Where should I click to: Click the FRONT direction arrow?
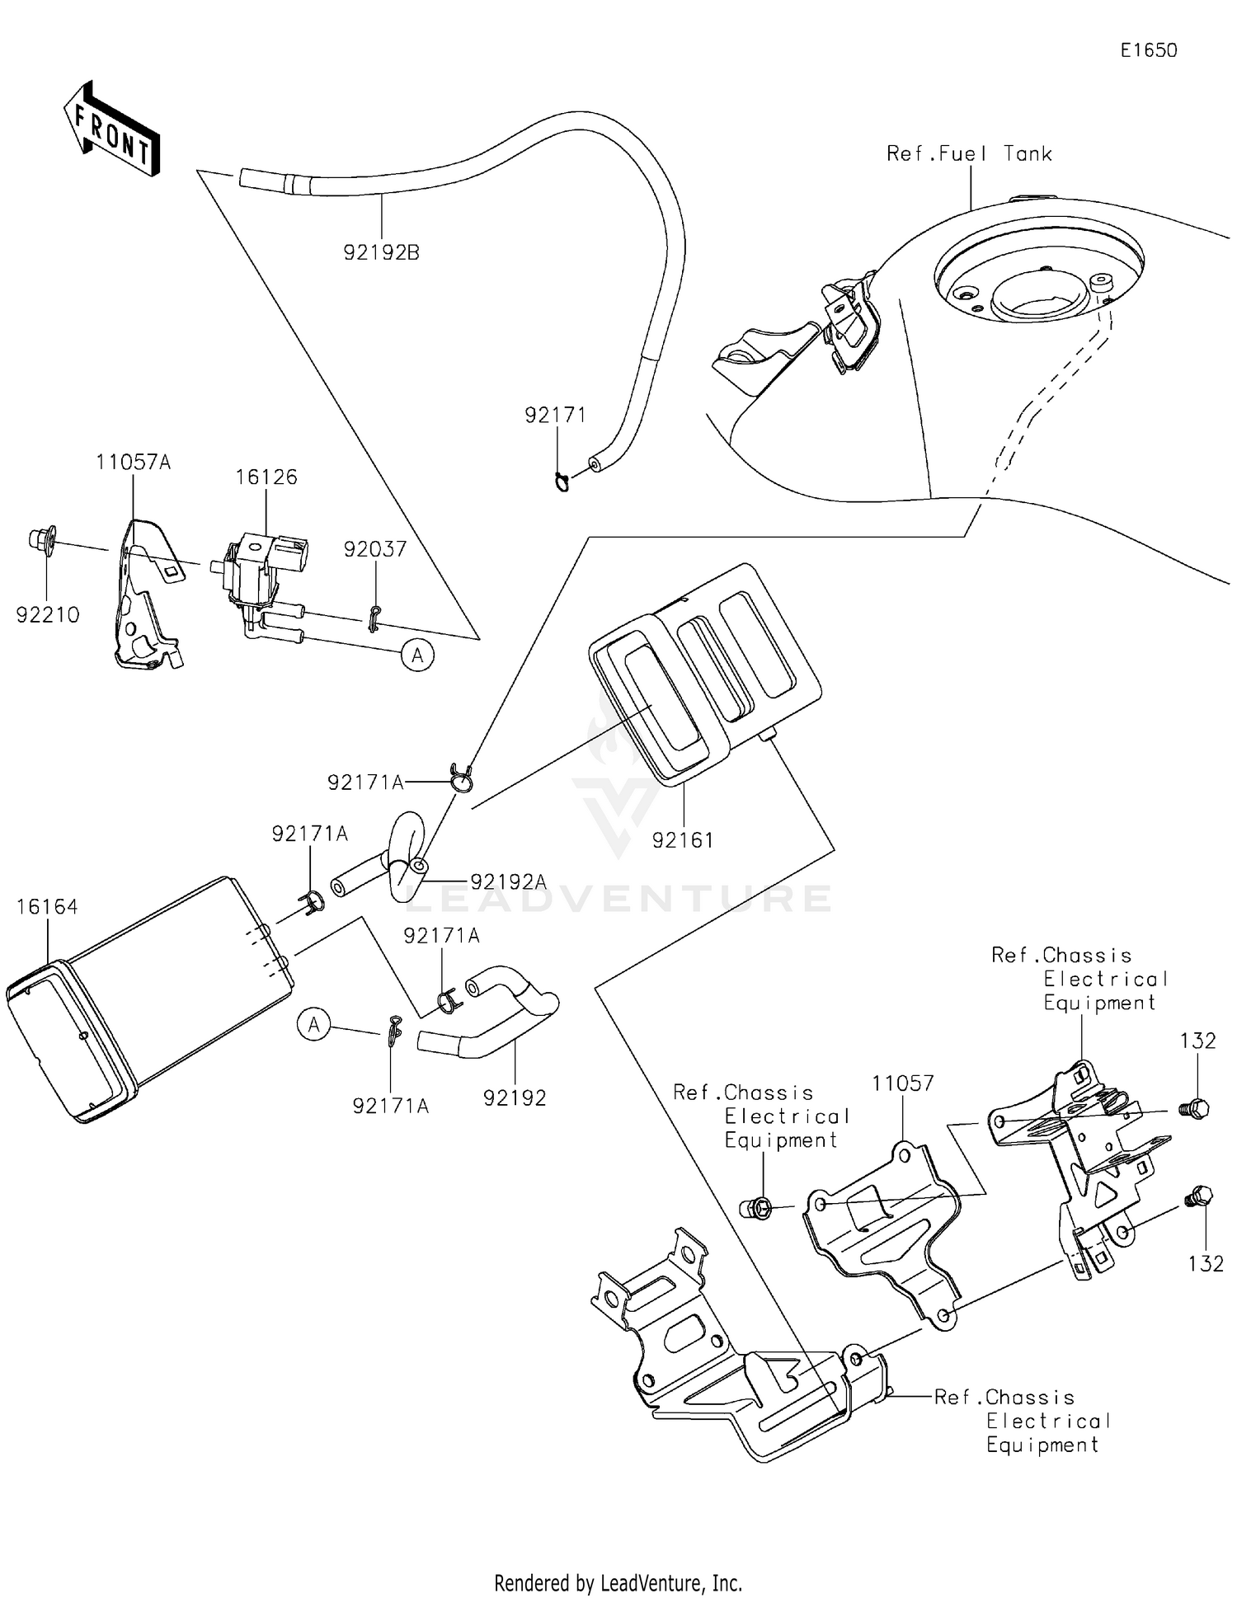tap(111, 129)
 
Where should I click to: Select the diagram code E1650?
tap(1148, 50)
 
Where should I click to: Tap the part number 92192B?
tap(381, 252)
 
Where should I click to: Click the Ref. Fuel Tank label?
tap(969, 153)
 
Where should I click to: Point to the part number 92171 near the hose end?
tap(555, 415)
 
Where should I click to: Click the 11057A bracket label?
tap(133, 462)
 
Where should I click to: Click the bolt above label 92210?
tap(41, 541)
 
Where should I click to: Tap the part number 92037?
tap(375, 549)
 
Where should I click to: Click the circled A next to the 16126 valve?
tap(418, 656)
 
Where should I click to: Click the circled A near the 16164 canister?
tap(313, 1025)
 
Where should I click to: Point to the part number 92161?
tap(682, 839)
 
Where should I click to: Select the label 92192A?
tap(508, 881)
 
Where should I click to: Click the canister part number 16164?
tap(47, 907)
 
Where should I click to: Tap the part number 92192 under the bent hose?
tap(515, 1097)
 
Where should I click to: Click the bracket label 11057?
tap(903, 1083)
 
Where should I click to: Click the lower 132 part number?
tap(1205, 1262)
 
